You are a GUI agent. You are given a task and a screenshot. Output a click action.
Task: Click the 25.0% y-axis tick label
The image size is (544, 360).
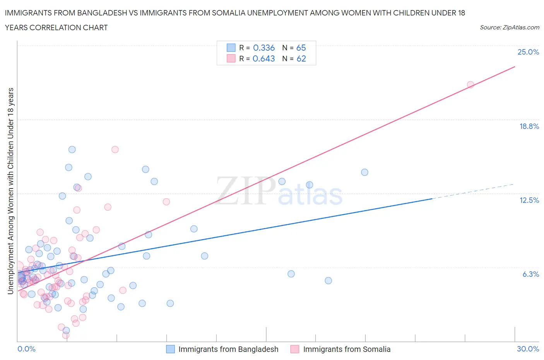tap(528, 52)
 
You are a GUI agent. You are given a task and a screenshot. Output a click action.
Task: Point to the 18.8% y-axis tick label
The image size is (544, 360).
tap(529, 126)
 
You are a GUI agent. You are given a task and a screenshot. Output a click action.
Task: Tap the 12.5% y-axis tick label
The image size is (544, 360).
tap(529, 200)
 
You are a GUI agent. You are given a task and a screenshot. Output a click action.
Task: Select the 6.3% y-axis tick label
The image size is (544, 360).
tap(530, 274)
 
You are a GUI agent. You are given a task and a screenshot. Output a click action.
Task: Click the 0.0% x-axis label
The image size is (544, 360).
tap(26, 349)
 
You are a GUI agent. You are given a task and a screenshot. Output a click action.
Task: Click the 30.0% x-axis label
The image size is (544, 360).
tap(528, 349)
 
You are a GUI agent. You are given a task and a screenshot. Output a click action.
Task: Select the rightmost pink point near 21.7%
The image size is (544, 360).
tap(470, 85)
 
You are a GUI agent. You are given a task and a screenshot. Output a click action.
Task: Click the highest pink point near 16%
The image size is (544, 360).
tap(115, 149)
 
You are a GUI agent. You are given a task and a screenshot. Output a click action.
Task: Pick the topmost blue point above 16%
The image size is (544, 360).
tap(72, 149)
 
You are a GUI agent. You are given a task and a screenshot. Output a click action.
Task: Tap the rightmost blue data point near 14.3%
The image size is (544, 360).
tap(364, 172)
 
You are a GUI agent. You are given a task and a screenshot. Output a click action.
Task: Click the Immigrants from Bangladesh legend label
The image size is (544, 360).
tap(228, 349)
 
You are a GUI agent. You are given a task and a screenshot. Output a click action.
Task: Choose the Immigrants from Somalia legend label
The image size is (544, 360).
tap(347, 349)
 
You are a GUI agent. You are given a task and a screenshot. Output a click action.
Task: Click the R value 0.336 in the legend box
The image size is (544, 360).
tap(264, 48)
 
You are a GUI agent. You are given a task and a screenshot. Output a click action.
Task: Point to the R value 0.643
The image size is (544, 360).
tap(264, 58)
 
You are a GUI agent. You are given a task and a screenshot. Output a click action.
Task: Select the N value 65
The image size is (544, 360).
tap(301, 48)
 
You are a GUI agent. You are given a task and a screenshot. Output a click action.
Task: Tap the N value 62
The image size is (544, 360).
tap(301, 58)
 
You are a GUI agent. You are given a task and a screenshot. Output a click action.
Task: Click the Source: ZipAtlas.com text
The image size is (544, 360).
tap(509, 27)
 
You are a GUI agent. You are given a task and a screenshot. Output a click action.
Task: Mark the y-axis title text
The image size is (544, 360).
tap(11, 191)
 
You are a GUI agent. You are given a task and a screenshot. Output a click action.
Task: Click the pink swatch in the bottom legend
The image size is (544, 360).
tap(295, 349)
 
